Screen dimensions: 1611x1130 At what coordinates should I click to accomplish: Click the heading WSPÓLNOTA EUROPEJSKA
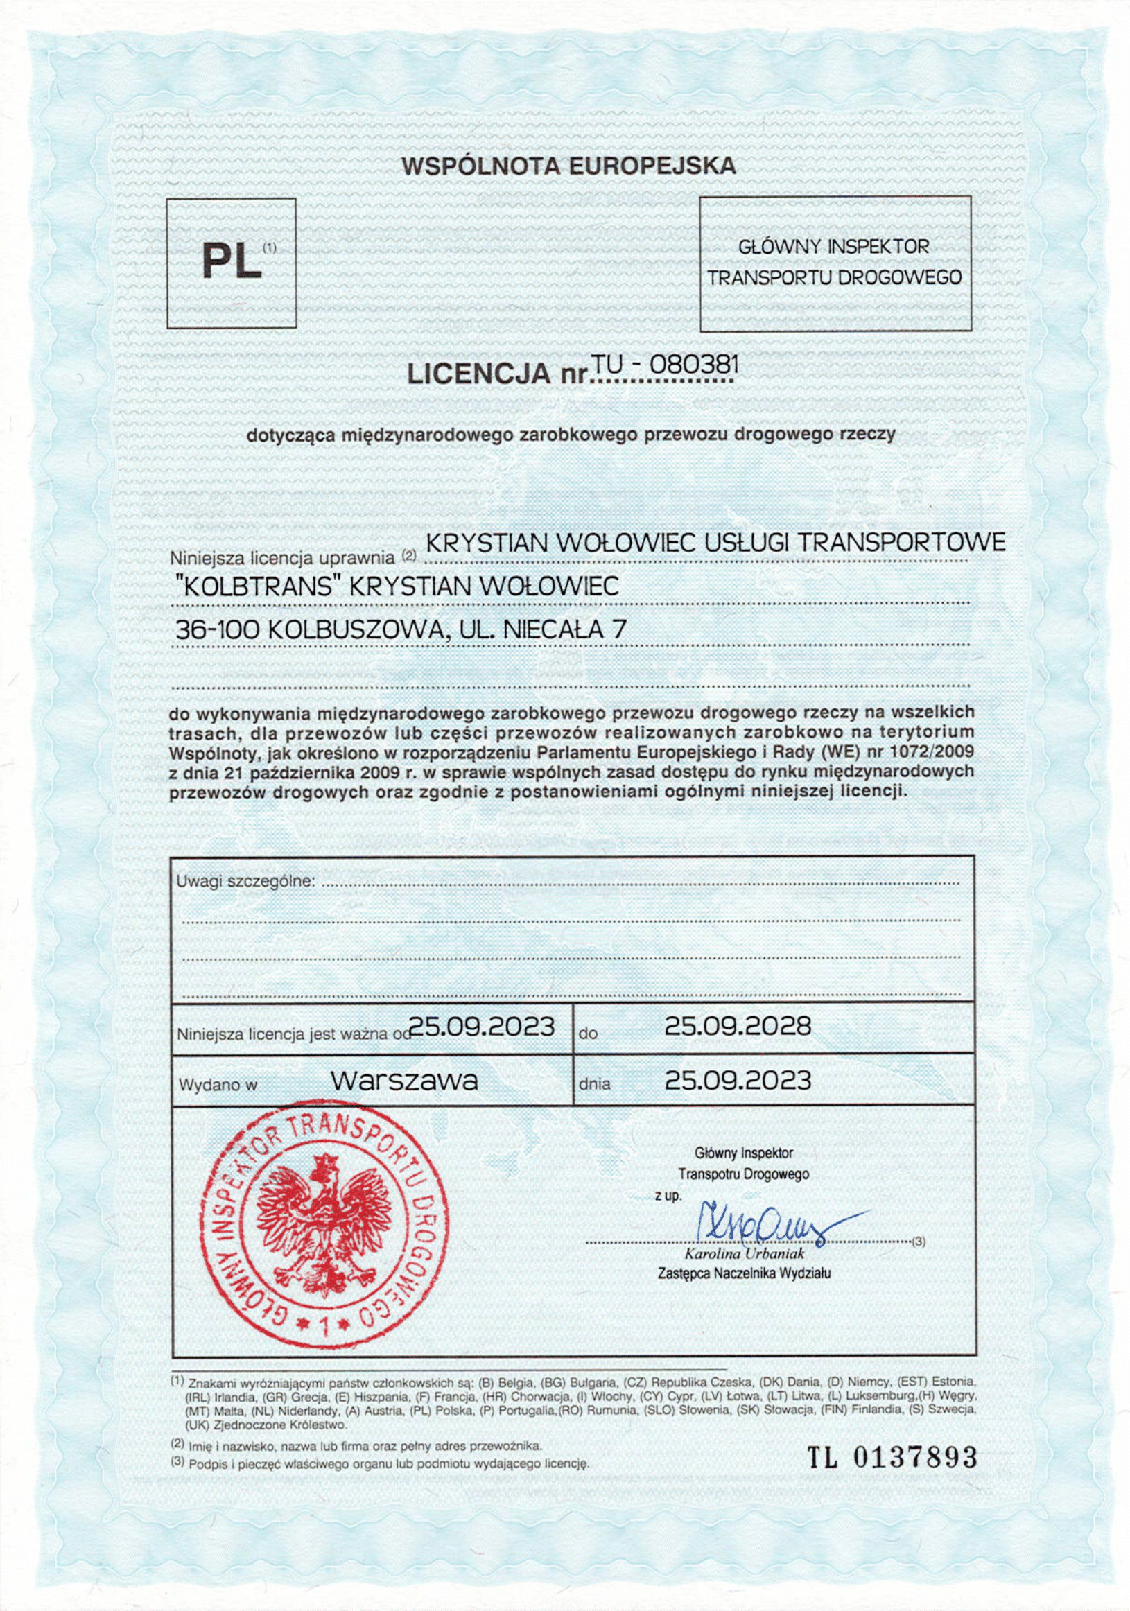[x=568, y=166]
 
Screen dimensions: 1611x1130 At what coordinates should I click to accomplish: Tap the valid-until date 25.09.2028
[x=737, y=1027]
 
